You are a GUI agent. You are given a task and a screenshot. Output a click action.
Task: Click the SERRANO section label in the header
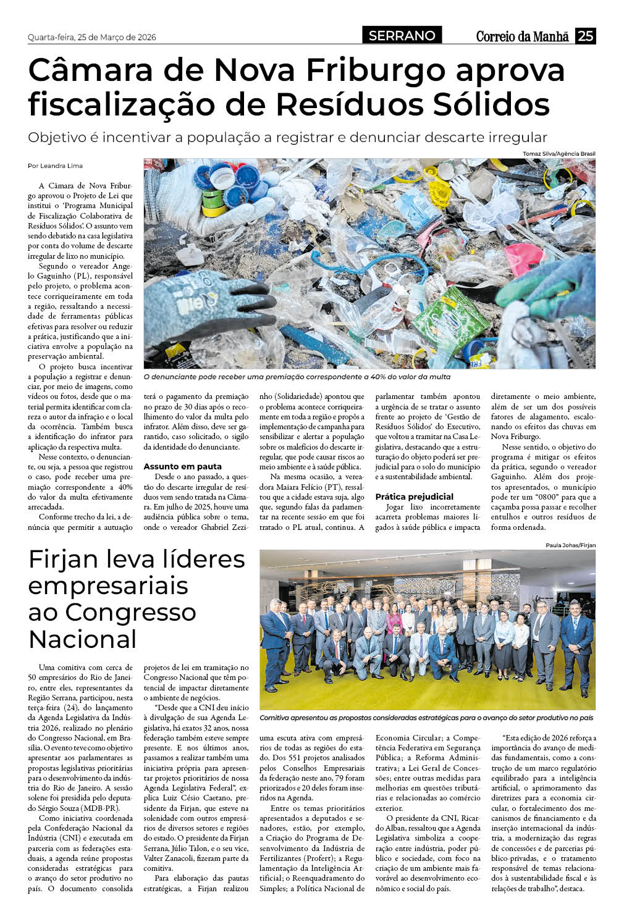[402, 36]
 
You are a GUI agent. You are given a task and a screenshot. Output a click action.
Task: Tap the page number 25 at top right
[585, 36]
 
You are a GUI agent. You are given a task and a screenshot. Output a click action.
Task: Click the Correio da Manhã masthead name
[522, 36]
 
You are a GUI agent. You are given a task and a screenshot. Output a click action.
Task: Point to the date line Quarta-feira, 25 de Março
[92, 37]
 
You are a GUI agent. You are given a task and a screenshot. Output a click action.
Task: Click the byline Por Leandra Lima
[55, 166]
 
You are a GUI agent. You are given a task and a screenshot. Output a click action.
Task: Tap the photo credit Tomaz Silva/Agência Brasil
[559, 153]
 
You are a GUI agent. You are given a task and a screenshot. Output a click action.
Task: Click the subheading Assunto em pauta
[182, 466]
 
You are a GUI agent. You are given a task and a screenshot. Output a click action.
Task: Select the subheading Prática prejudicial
[414, 497]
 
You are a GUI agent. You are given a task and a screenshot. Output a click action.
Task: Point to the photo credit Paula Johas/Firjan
[570, 545]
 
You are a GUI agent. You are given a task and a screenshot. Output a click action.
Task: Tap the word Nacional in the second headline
[82, 639]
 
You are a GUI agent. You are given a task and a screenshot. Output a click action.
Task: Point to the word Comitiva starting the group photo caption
[276, 718]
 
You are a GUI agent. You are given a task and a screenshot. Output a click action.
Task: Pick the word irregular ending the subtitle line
[516, 138]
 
